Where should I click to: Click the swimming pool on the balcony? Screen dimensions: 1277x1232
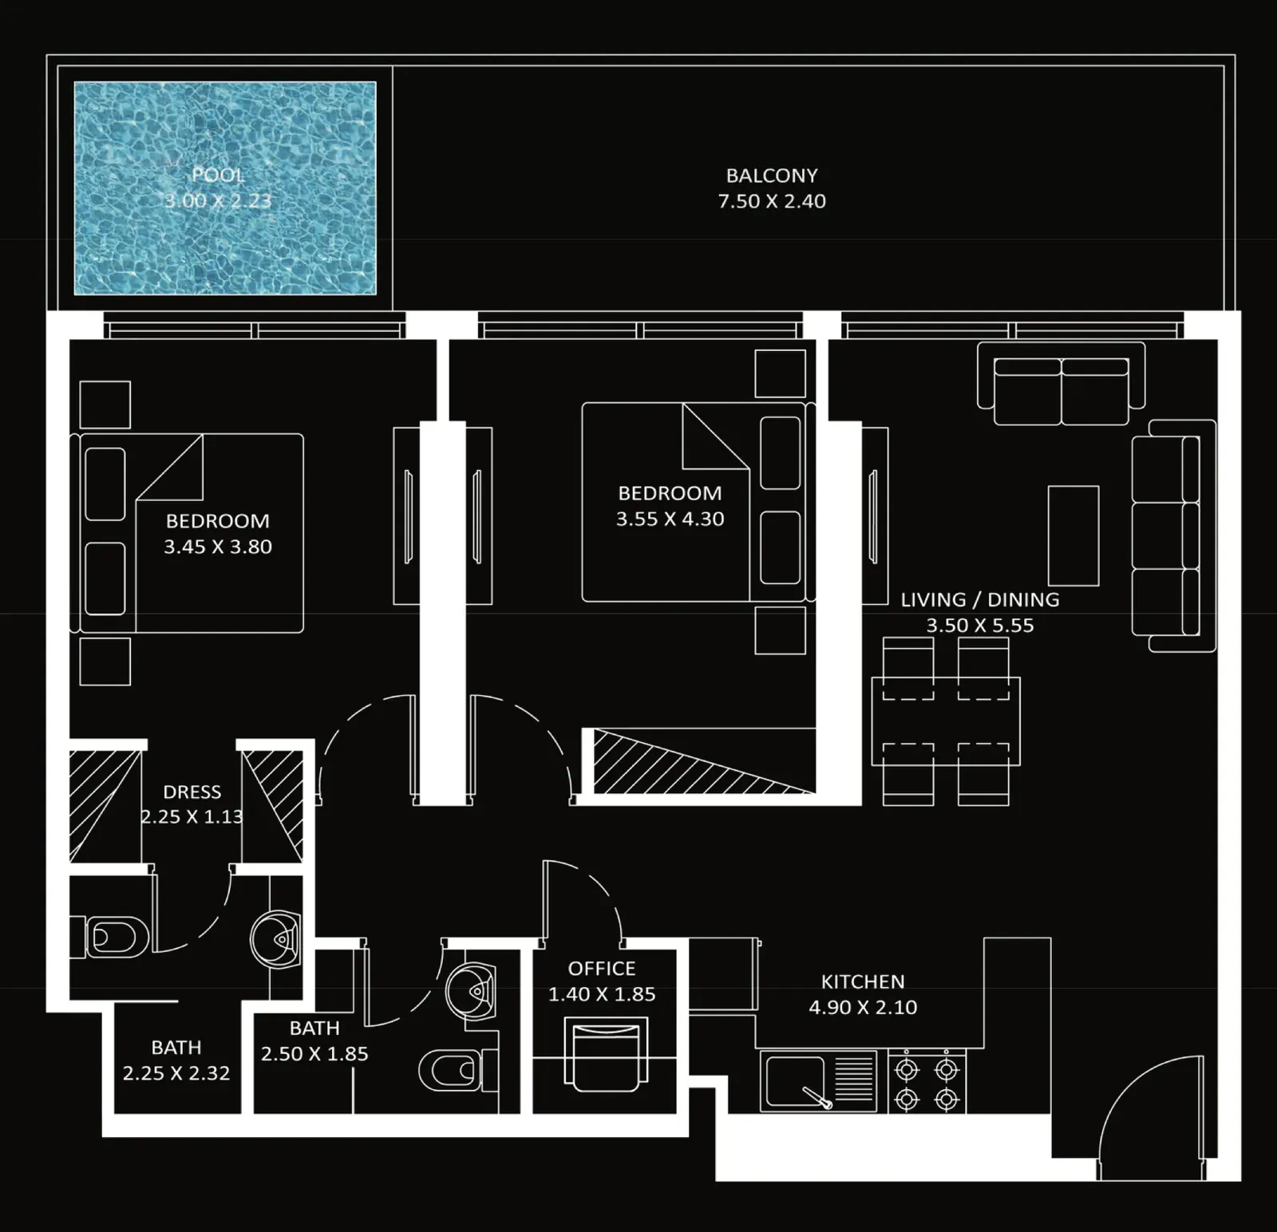225,188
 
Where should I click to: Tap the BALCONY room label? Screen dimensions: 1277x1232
772,176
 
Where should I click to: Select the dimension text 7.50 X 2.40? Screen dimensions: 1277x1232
772,201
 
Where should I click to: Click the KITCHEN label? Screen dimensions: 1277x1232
863,981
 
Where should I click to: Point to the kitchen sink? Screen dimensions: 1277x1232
818,1080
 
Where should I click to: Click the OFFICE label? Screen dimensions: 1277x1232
602,969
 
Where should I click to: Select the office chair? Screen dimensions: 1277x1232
602,1054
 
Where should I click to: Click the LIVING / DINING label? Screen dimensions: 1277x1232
980,599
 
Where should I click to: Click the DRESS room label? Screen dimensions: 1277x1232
192,792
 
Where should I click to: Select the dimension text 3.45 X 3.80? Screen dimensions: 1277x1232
218,547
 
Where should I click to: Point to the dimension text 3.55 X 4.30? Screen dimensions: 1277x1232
670,519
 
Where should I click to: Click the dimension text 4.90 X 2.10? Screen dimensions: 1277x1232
863,1007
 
